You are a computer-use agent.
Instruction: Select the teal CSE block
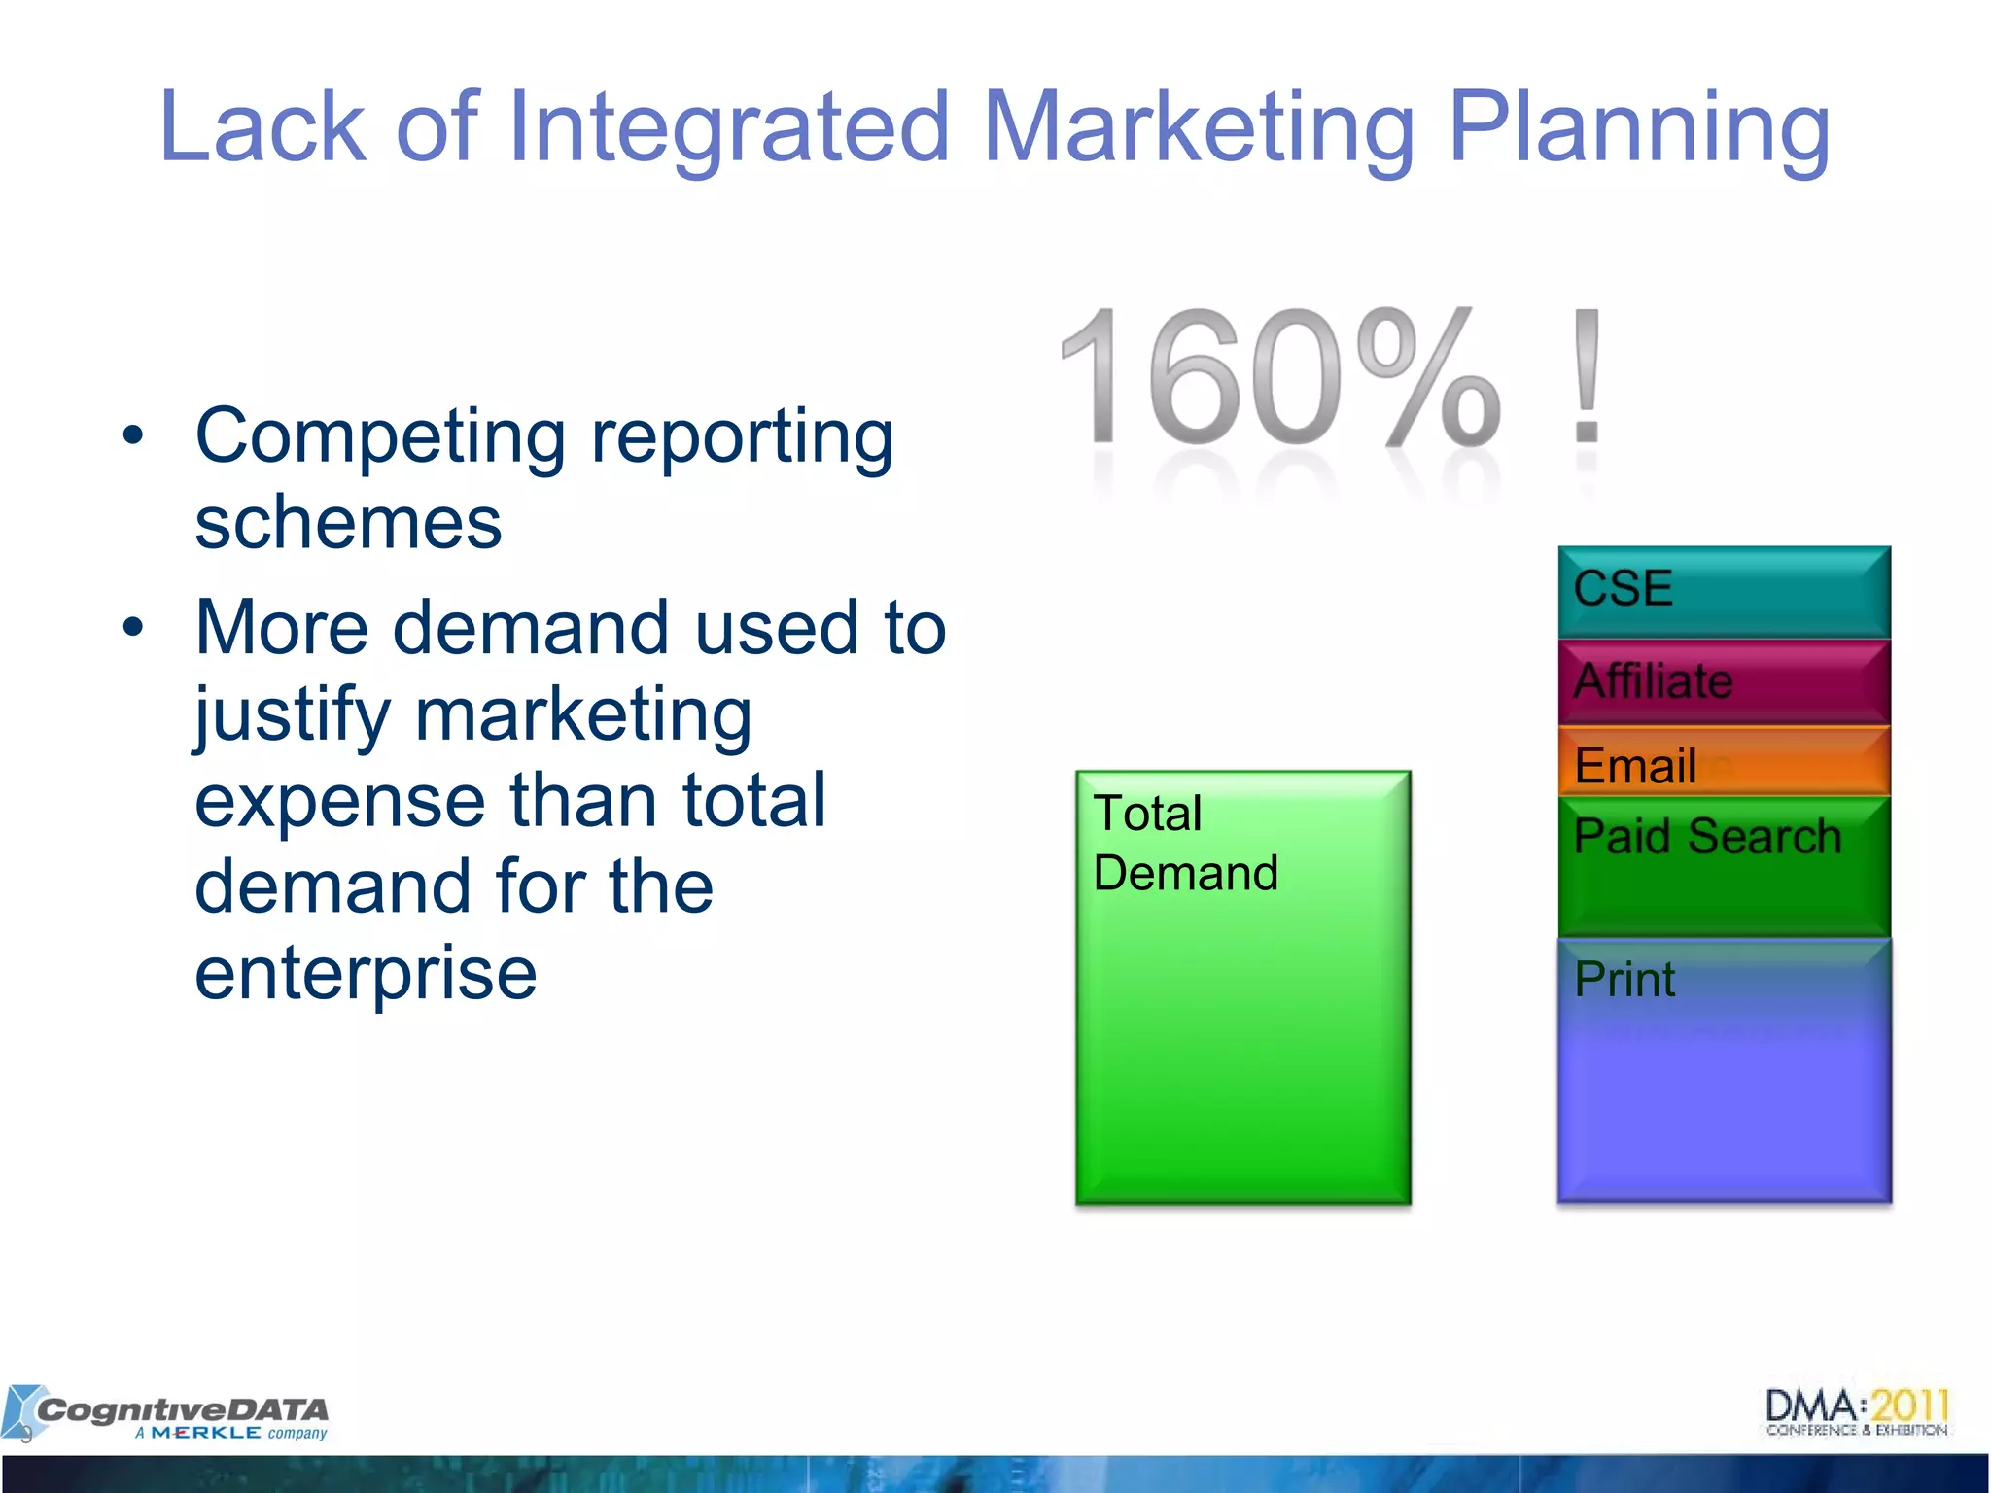pos(1724,591)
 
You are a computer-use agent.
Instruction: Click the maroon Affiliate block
pos(1724,681)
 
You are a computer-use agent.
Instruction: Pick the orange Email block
pos(1724,762)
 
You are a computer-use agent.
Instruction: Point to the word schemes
pos(348,523)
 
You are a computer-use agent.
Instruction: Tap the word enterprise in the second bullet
pos(366,973)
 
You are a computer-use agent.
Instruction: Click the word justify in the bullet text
pos(291,716)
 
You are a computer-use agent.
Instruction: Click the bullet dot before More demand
pos(133,628)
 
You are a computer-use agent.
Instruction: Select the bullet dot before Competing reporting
pos(133,435)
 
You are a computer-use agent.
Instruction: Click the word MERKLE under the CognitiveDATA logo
pos(206,1434)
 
